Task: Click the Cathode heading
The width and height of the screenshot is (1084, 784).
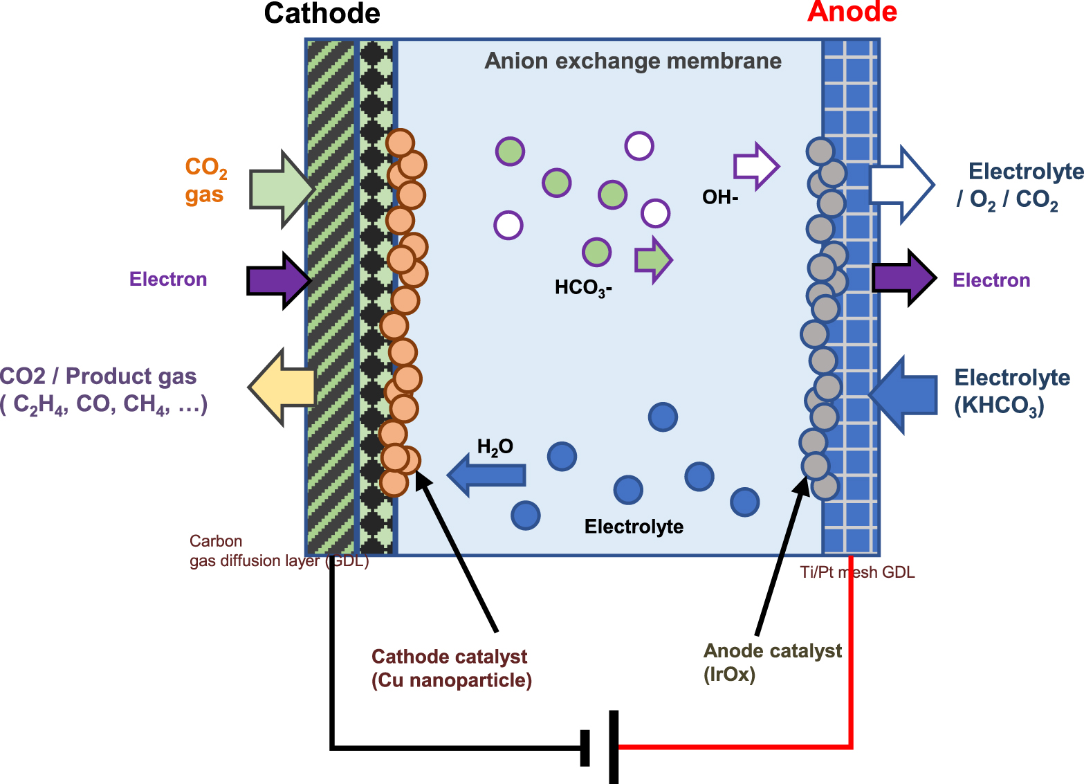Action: point(322,14)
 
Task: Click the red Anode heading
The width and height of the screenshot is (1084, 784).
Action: point(852,12)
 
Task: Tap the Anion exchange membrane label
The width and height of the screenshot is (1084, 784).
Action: point(632,61)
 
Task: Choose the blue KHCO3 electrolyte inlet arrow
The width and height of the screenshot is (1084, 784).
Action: point(903,395)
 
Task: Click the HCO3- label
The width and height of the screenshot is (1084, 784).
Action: point(583,287)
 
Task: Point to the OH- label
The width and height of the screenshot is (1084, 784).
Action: point(720,198)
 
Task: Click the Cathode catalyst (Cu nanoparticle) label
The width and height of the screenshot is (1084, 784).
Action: point(451,668)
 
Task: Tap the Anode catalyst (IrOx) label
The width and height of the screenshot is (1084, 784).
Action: point(771,662)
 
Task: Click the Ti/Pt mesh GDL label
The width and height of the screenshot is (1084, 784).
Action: point(857,572)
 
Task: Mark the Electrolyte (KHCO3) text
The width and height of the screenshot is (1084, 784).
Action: point(1011,392)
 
